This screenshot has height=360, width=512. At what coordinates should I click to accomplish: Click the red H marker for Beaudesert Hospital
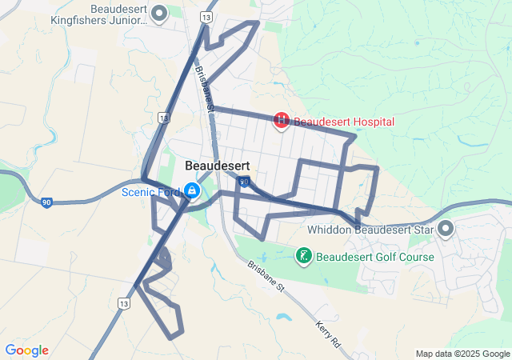pos(282,121)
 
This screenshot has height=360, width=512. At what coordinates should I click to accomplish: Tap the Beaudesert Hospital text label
pos(344,122)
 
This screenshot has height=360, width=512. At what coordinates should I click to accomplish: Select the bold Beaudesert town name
pos(218,166)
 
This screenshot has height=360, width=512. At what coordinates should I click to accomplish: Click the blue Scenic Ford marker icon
pos(192,190)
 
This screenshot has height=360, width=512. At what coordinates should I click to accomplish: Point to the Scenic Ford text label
pos(150,192)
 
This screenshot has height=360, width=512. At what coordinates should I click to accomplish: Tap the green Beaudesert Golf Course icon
pos(304,256)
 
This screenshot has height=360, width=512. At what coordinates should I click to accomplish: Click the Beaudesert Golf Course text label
pos(375,258)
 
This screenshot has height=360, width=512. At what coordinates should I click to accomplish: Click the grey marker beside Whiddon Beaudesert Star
pos(446,230)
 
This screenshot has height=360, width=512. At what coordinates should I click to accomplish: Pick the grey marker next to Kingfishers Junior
pos(159,12)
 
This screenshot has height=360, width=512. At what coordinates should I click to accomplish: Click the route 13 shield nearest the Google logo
pos(123,304)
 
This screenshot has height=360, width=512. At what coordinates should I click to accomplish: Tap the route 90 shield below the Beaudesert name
pos(242,182)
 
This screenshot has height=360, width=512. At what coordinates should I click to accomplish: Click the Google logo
pos(27,350)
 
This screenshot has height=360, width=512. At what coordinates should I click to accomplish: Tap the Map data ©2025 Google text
pos(462,354)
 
